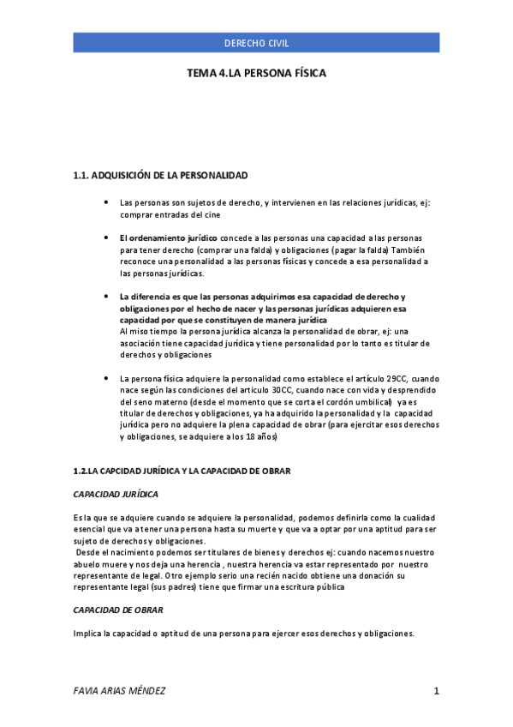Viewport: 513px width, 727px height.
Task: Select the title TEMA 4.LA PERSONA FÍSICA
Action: coord(256,75)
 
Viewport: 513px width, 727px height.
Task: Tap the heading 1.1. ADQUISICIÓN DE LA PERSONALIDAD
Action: coord(161,176)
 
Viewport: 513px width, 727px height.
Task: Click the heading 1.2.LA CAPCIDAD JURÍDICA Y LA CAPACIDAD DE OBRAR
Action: coord(182,472)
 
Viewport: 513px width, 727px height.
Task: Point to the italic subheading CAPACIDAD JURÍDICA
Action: coord(116,495)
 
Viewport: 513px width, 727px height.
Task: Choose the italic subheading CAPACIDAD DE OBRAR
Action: coord(118,610)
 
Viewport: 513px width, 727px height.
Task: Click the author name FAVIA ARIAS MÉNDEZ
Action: coord(120,691)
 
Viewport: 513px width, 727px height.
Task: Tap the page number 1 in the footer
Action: coord(436,691)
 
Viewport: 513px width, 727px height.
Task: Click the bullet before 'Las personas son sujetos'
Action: coord(104,203)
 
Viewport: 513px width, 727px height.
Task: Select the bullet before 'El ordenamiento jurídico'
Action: coord(104,236)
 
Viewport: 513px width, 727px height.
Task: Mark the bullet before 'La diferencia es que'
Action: coord(104,296)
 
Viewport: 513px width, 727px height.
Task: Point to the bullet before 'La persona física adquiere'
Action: coord(104,378)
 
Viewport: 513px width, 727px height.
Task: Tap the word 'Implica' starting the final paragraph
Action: coord(88,634)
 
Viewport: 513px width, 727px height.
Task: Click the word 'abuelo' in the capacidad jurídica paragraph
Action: coord(87,565)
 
